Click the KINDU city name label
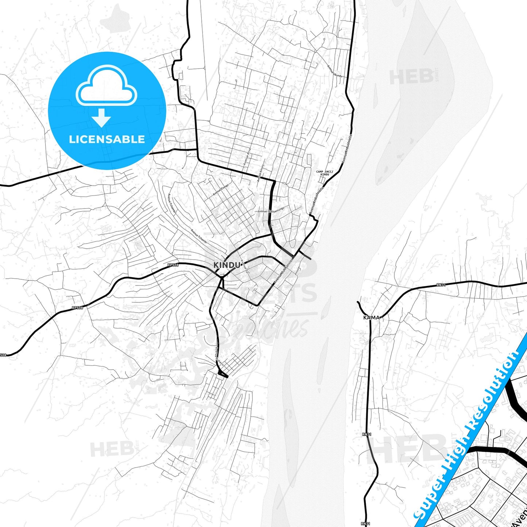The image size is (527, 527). pos(227,265)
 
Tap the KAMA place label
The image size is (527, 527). pos(371,318)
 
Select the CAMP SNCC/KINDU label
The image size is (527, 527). pos(324,173)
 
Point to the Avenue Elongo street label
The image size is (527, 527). pos(221,190)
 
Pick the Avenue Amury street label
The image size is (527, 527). pos(260,173)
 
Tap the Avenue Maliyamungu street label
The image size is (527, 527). pos(271,210)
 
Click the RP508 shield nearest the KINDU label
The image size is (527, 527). pos(173,265)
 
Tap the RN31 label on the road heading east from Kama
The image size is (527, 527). pos(441,285)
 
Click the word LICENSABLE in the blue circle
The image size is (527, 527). pos(107,139)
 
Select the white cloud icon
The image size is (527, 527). pos(106,86)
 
